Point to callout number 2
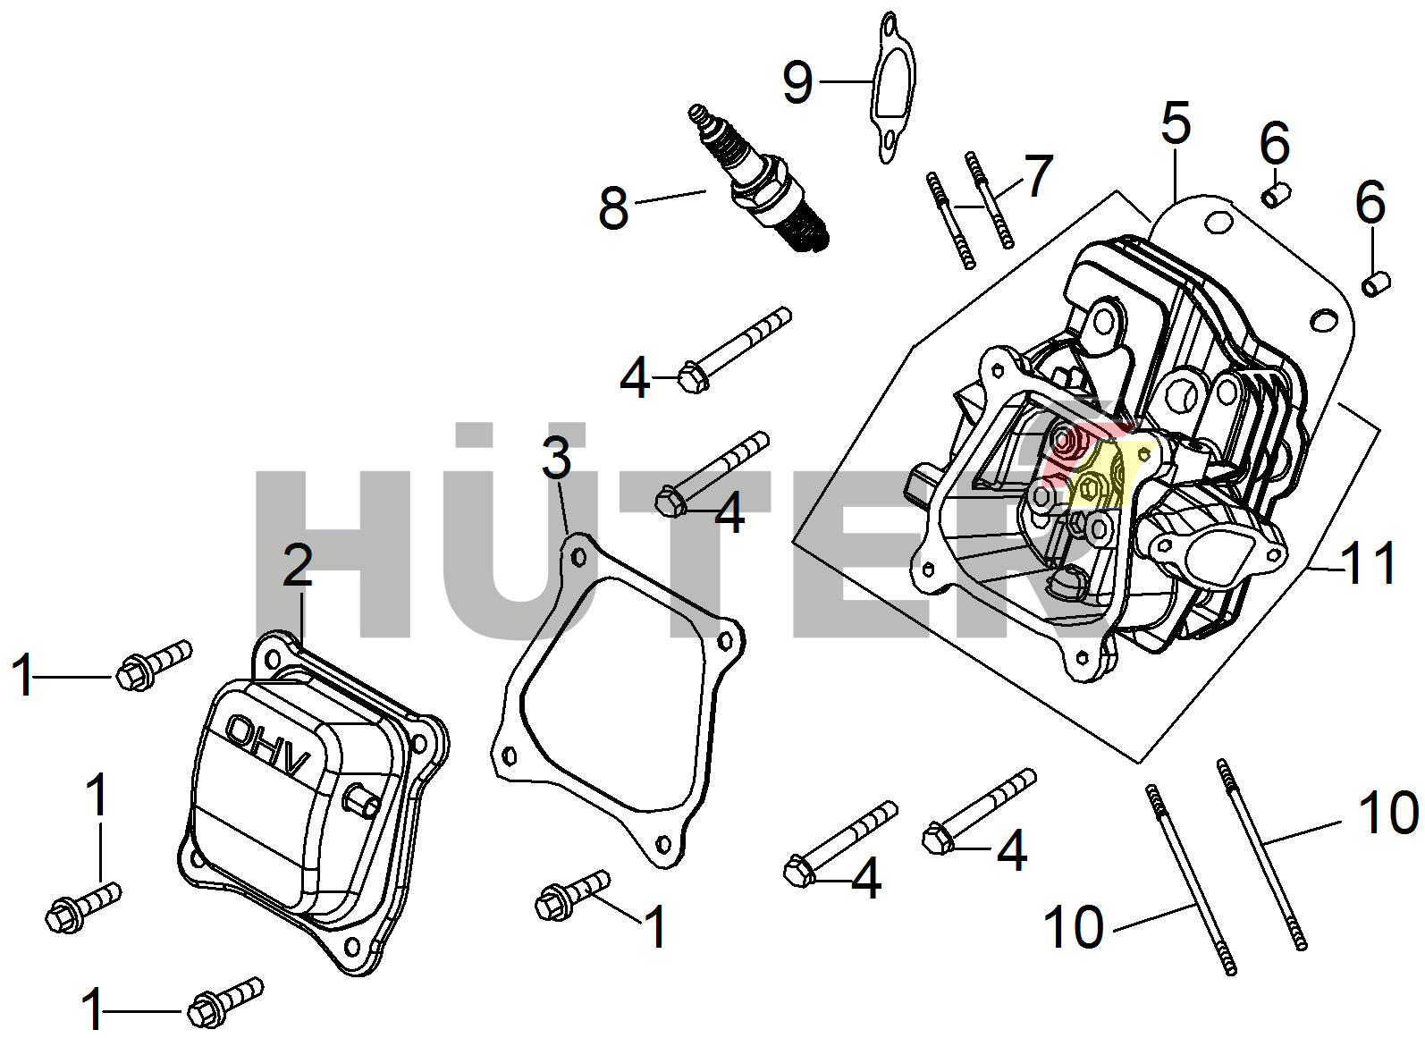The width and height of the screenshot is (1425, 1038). (x=298, y=565)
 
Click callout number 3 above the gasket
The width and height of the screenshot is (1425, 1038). (x=556, y=458)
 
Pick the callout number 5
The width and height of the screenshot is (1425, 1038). (x=1176, y=122)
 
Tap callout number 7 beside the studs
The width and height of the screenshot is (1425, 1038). (x=1037, y=175)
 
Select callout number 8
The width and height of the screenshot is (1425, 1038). (x=613, y=208)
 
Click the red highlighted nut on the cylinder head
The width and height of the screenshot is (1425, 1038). (x=1064, y=441)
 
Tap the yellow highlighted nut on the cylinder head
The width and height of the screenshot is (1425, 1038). (x=1089, y=487)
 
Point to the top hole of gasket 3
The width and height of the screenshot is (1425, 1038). (x=578, y=557)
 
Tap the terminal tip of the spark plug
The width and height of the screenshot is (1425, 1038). (x=698, y=114)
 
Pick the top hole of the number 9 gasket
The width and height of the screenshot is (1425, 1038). (x=889, y=26)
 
